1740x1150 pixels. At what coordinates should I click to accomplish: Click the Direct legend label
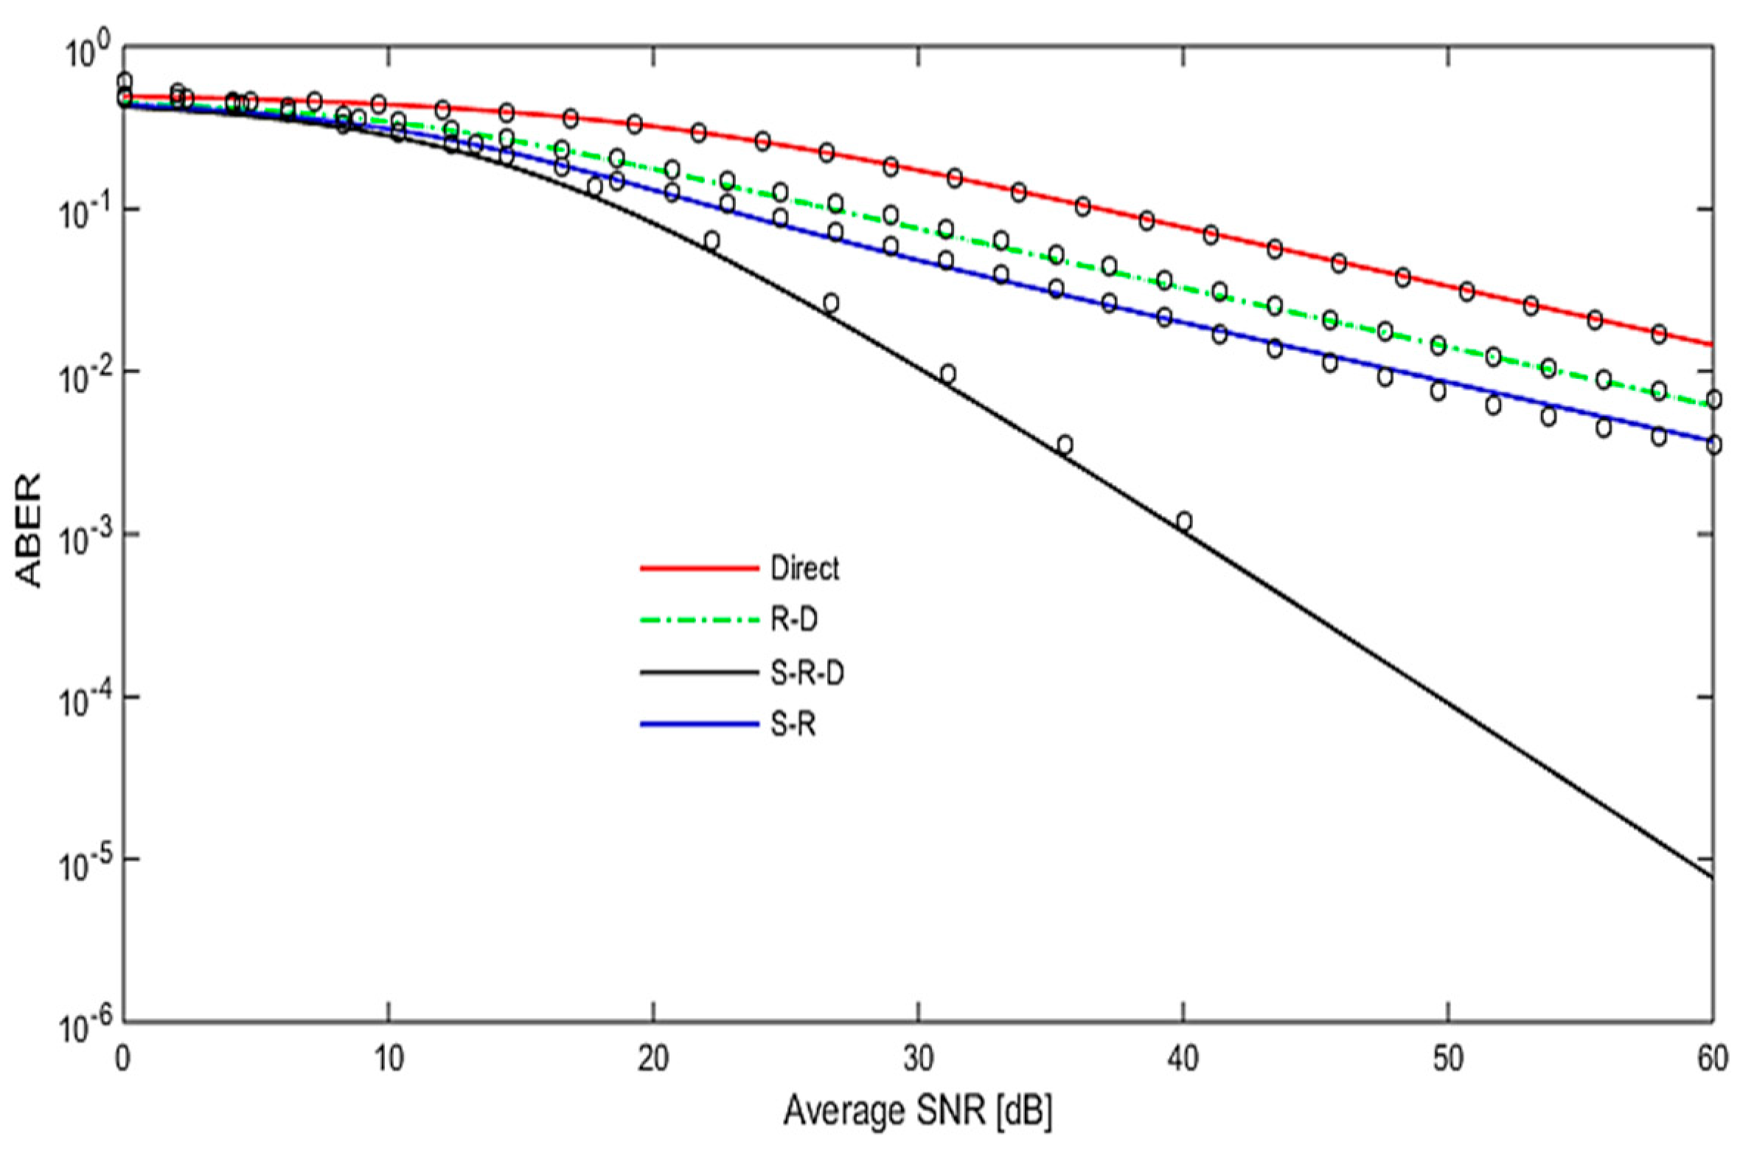[804, 568]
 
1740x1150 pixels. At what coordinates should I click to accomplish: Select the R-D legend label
[793, 620]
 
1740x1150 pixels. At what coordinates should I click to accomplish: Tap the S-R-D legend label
[807, 673]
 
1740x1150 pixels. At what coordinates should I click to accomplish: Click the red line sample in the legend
[699, 568]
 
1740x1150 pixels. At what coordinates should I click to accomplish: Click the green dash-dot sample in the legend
[699, 621]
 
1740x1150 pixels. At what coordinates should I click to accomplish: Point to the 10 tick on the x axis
[389, 1059]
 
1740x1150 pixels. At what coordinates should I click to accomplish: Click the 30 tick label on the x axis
[918, 1059]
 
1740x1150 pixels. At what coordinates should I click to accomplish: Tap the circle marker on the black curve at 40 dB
[1184, 521]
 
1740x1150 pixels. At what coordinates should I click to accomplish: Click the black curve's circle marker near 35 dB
[1064, 445]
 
